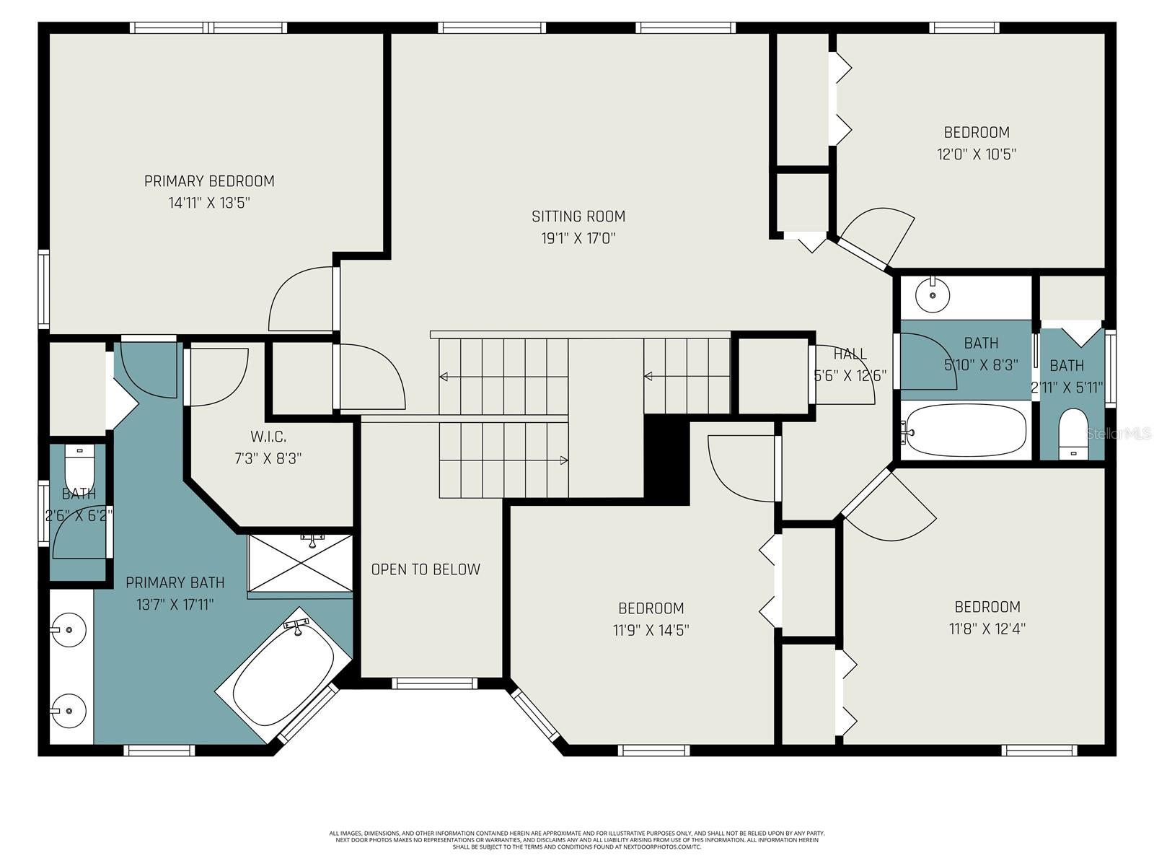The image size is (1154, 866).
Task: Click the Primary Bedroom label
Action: click(x=209, y=181)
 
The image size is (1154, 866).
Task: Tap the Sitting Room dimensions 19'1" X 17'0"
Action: click(x=578, y=238)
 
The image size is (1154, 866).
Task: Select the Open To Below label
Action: click(x=426, y=569)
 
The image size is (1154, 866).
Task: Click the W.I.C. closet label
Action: click(x=268, y=437)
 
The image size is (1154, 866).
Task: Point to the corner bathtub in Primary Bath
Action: click(x=283, y=675)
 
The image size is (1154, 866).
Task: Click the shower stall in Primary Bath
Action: click(x=301, y=563)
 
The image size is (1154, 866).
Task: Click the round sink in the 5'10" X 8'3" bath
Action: click(x=933, y=294)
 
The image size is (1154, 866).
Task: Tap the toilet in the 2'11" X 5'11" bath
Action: click(x=1073, y=433)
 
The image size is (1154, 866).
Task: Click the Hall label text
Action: click(x=850, y=354)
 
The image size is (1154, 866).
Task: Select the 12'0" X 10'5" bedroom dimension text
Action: click(x=977, y=154)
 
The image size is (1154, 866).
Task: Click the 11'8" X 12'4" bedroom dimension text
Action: click(x=987, y=629)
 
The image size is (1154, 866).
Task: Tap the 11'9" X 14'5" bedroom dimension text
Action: click(x=651, y=630)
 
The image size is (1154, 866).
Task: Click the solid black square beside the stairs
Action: click(x=666, y=459)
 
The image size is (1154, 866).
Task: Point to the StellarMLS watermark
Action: click(x=1119, y=433)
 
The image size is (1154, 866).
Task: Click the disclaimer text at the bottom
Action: click(x=577, y=839)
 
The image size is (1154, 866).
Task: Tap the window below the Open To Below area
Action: click(x=434, y=682)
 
